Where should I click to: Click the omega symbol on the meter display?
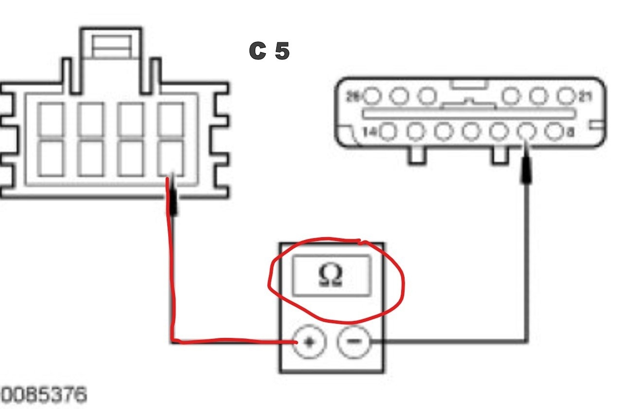(x=331, y=276)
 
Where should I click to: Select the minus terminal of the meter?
(x=354, y=341)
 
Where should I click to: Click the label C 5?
(x=269, y=51)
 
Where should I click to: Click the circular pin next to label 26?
(x=372, y=96)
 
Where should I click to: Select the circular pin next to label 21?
(x=566, y=96)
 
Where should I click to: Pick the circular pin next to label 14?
(x=388, y=131)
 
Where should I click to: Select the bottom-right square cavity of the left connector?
(x=171, y=158)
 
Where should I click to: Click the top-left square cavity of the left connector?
(x=51, y=120)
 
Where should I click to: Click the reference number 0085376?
(x=43, y=393)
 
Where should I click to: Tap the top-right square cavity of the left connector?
(x=171, y=120)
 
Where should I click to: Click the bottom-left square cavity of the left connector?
(x=51, y=158)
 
